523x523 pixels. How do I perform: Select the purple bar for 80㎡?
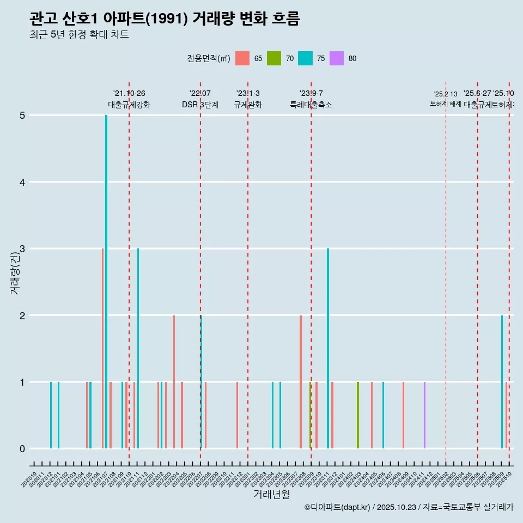(x=424, y=415)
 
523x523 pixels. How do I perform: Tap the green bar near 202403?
(x=358, y=415)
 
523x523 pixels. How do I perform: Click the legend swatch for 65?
(x=242, y=58)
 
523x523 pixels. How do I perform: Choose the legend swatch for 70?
(x=274, y=58)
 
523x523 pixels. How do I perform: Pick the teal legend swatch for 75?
(x=306, y=58)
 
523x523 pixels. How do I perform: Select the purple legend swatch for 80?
(x=337, y=58)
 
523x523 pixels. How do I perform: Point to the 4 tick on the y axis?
(x=22, y=182)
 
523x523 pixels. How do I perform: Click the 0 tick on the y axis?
(x=22, y=448)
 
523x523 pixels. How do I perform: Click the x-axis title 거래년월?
(x=271, y=494)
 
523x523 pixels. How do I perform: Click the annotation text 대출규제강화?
(x=129, y=105)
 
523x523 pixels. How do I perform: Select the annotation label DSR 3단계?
(x=200, y=105)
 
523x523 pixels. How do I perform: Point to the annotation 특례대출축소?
(x=311, y=105)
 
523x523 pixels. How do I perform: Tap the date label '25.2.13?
(x=446, y=94)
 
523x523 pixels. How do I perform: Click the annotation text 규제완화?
(x=248, y=105)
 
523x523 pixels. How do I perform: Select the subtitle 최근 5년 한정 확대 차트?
(x=79, y=35)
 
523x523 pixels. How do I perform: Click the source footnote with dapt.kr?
(x=409, y=507)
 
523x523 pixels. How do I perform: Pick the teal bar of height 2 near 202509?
(x=502, y=381)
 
